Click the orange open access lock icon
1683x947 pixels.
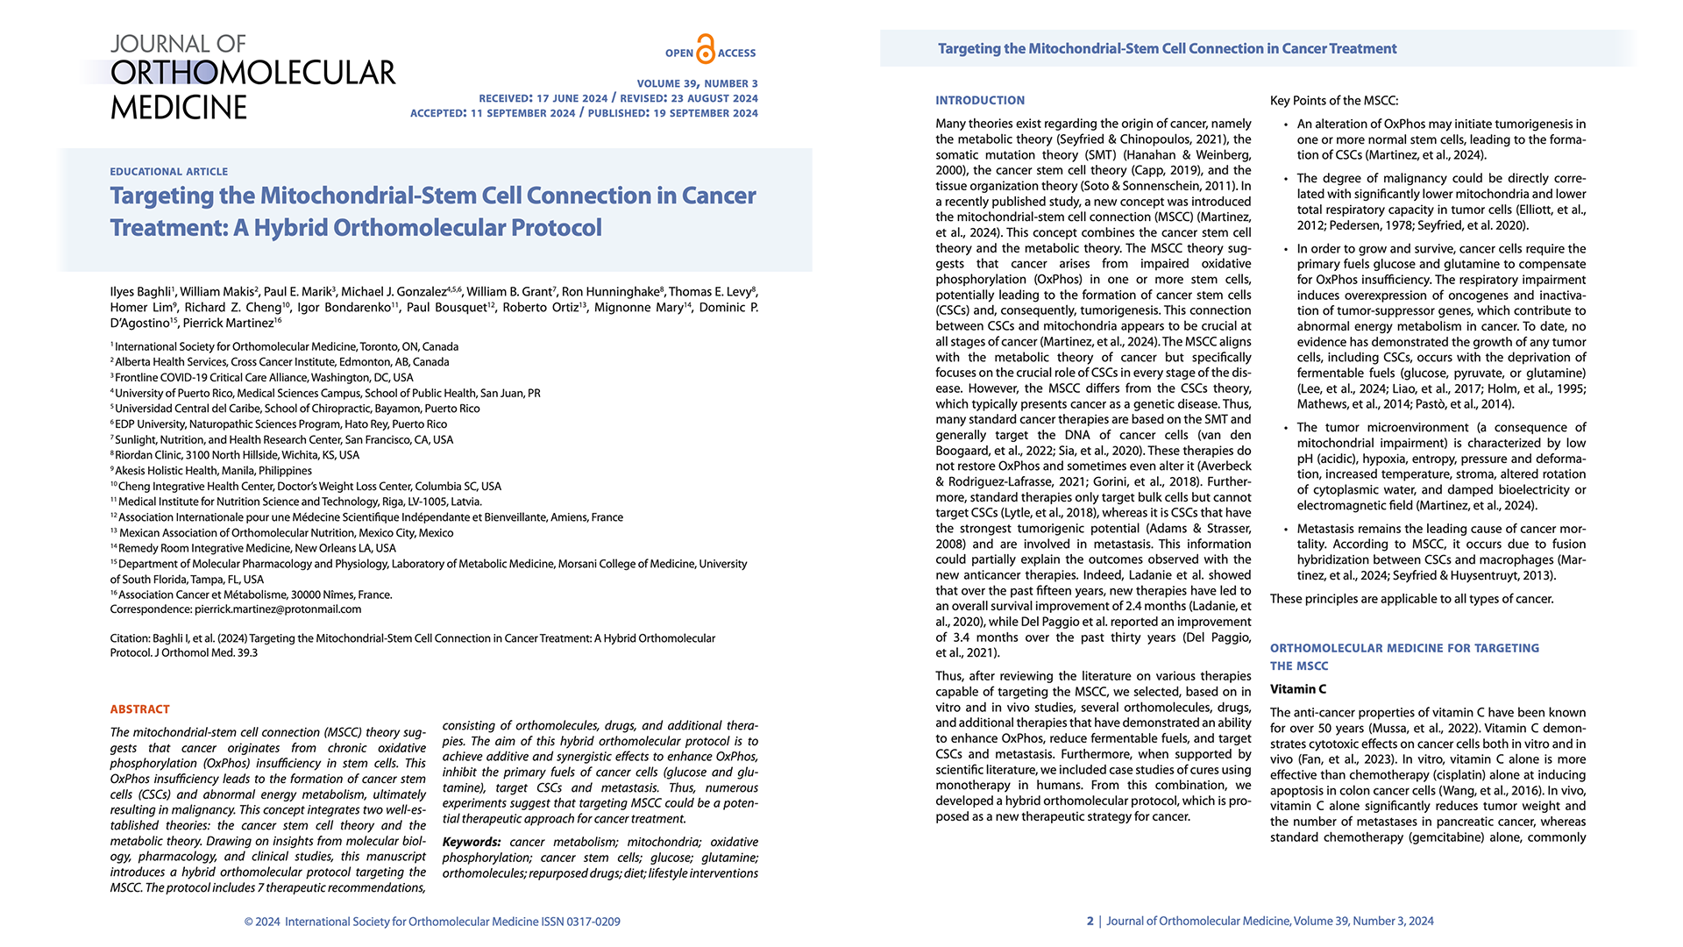706,49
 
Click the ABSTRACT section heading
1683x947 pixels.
139,709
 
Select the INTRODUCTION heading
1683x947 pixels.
979,101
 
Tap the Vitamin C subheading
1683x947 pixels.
1297,689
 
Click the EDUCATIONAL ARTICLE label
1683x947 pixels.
168,172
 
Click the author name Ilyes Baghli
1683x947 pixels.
140,292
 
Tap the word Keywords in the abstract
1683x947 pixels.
472,843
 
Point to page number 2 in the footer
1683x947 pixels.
1090,921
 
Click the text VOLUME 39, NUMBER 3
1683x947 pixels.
697,84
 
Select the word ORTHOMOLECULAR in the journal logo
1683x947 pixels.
252,73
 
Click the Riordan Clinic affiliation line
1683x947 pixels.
237,455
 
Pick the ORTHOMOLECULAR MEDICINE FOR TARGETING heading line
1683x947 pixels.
1403,648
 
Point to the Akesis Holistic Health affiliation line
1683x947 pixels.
213,471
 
